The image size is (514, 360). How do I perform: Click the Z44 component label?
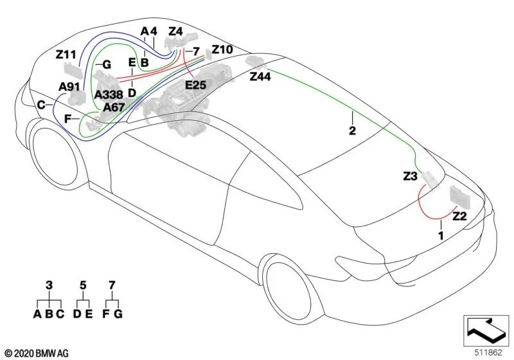click(x=260, y=76)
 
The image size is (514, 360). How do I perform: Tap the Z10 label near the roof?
click(x=222, y=50)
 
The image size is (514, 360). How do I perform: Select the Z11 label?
click(x=66, y=55)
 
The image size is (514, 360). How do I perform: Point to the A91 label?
click(x=69, y=87)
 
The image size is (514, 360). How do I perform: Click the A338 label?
click(x=109, y=94)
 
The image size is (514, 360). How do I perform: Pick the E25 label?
click(x=196, y=85)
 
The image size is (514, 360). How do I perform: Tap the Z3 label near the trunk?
click(x=410, y=176)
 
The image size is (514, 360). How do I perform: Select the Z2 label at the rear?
click(x=459, y=217)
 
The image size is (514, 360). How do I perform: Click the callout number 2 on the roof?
click(x=352, y=130)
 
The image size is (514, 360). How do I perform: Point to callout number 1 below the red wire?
click(x=441, y=235)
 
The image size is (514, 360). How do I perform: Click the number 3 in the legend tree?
click(x=49, y=285)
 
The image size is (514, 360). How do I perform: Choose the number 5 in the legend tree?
click(x=83, y=285)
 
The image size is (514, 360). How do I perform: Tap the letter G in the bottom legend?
click(x=118, y=314)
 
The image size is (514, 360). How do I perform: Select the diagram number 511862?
click(x=488, y=352)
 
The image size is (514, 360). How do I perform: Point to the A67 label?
click(x=114, y=107)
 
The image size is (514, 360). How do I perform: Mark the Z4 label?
click(x=175, y=32)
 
